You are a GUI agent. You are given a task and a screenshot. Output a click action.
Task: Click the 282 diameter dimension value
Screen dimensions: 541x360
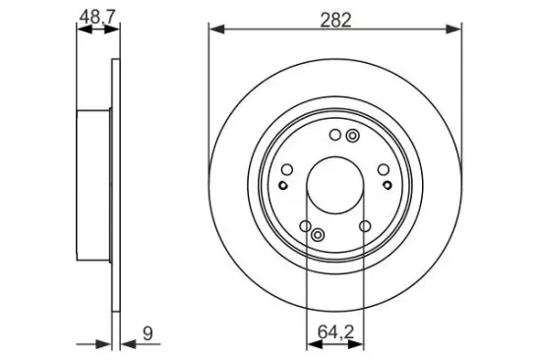coord(335,20)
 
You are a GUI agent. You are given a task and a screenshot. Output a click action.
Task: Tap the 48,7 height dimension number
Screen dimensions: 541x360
coord(97,17)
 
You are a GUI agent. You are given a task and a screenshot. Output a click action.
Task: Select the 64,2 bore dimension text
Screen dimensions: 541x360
coord(335,332)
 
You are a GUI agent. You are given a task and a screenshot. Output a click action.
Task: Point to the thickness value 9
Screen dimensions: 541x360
coord(148,333)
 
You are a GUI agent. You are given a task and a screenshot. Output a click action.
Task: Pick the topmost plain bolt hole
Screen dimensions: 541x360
coord(335,135)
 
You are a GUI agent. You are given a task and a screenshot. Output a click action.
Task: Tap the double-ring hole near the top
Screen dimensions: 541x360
coord(352,136)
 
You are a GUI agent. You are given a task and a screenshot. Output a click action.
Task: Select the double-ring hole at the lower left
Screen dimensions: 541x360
coord(318,235)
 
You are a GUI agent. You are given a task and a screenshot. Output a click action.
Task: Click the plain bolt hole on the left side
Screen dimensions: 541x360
coord(287,169)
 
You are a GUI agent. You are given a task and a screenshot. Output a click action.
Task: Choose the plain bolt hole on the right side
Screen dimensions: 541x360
coord(383,169)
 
